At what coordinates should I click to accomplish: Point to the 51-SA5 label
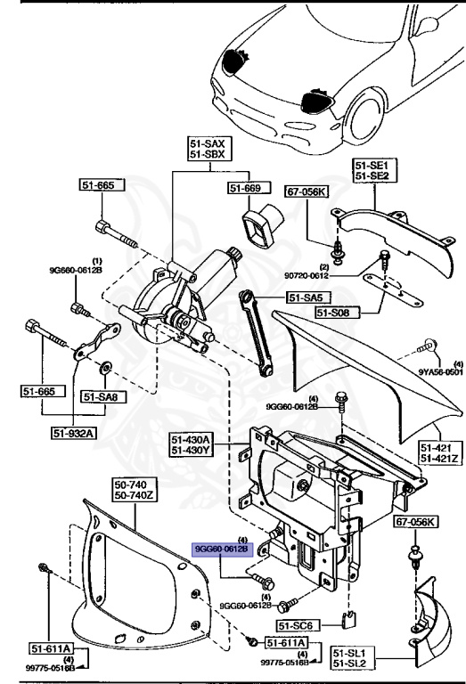[306, 297]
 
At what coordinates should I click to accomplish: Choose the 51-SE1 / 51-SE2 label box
[372, 171]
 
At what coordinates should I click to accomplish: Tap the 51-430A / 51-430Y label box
[192, 444]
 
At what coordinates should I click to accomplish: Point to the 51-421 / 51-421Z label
[439, 453]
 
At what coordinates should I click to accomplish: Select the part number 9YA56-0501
[442, 373]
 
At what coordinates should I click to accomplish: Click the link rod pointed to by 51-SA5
[256, 335]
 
